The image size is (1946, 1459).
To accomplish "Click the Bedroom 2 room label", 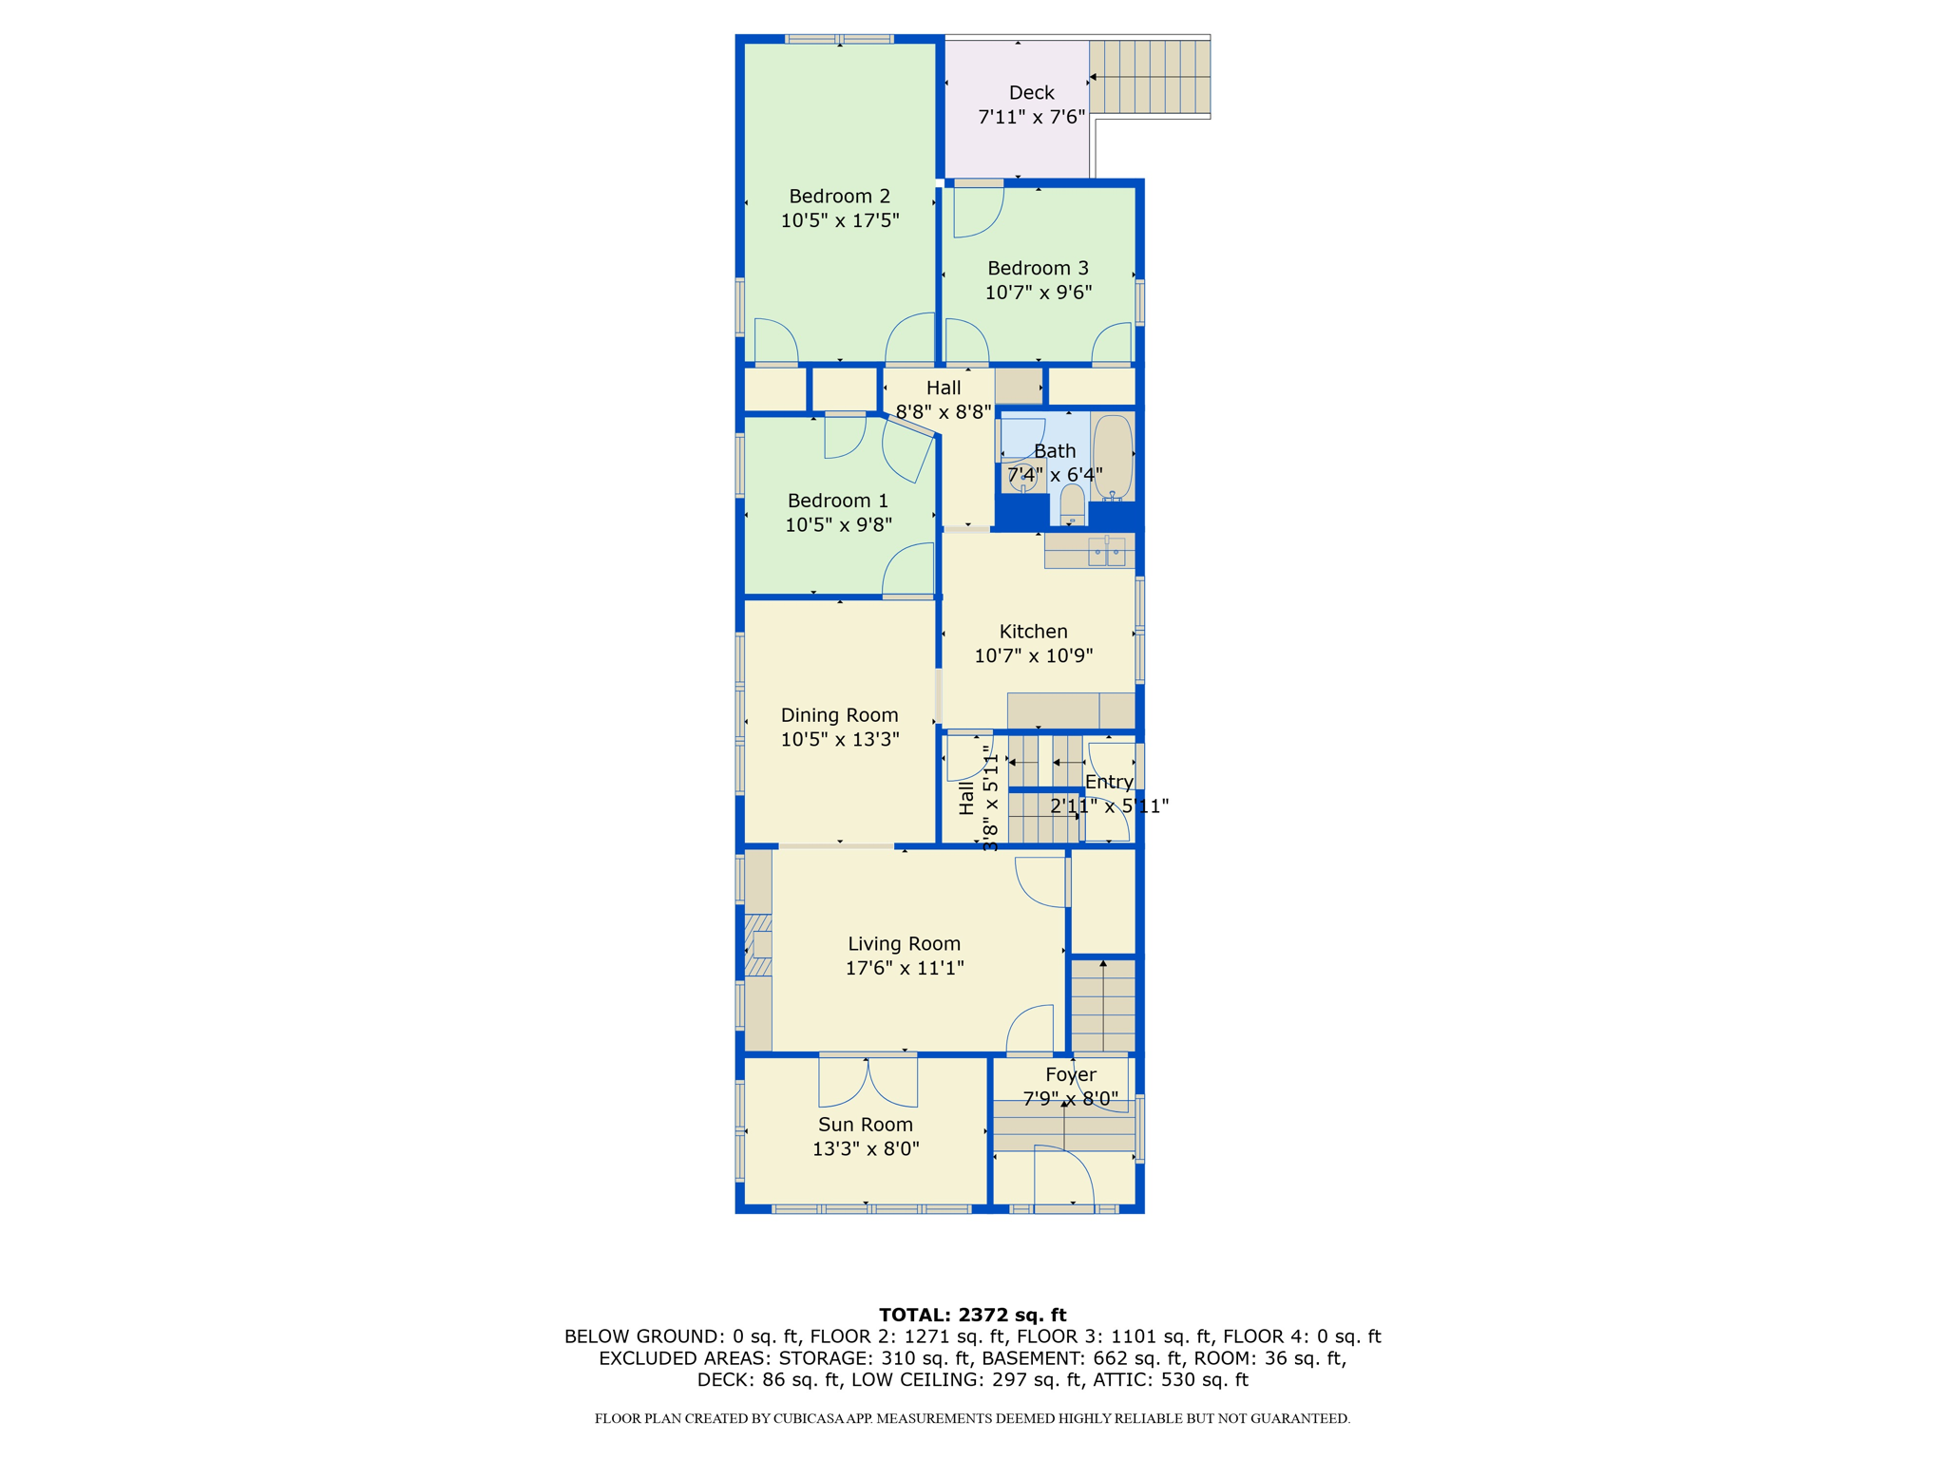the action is pyautogui.click(x=839, y=197).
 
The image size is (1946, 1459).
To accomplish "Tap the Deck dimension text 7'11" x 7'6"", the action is pyautogui.click(x=1031, y=117).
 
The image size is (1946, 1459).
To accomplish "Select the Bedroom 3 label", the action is pyautogui.click(x=1038, y=268).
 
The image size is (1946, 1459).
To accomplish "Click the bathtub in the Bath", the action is pyautogui.click(x=1112, y=457).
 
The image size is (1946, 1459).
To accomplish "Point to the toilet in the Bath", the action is pyautogui.click(x=1072, y=503).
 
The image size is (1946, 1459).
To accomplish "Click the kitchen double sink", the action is pyautogui.click(x=1106, y=551).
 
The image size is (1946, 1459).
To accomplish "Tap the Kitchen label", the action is pyautogui.click(x=1033, y=632).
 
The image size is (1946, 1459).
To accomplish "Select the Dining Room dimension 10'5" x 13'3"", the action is pyautogui.click(x=839, y=739).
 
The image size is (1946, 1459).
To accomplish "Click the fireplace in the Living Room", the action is pyautogui.click(x=758, y=945).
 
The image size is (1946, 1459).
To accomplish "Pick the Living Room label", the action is pyautogui.click(x=904, y=943).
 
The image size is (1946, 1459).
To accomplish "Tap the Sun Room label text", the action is pyautogui.click(x=866, y=1125).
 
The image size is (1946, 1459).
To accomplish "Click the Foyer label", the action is pyautogui.click(x=1070, y=1074).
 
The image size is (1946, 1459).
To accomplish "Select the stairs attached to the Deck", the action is pyautogui.click(x=1150, y=77).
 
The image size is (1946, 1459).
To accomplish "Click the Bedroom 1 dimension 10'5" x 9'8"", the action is pyautogui.click(x=838, y=524).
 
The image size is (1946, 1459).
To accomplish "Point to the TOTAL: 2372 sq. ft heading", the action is pyautogui.click(x=972, y=1315).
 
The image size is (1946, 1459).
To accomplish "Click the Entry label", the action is pyautogui.click(x=1109, y=782).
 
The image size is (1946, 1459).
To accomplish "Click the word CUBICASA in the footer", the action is pyautogui.click(x=817, y=1418).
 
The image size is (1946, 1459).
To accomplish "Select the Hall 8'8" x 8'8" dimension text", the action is pyautogui.click(x=943, y=412).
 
